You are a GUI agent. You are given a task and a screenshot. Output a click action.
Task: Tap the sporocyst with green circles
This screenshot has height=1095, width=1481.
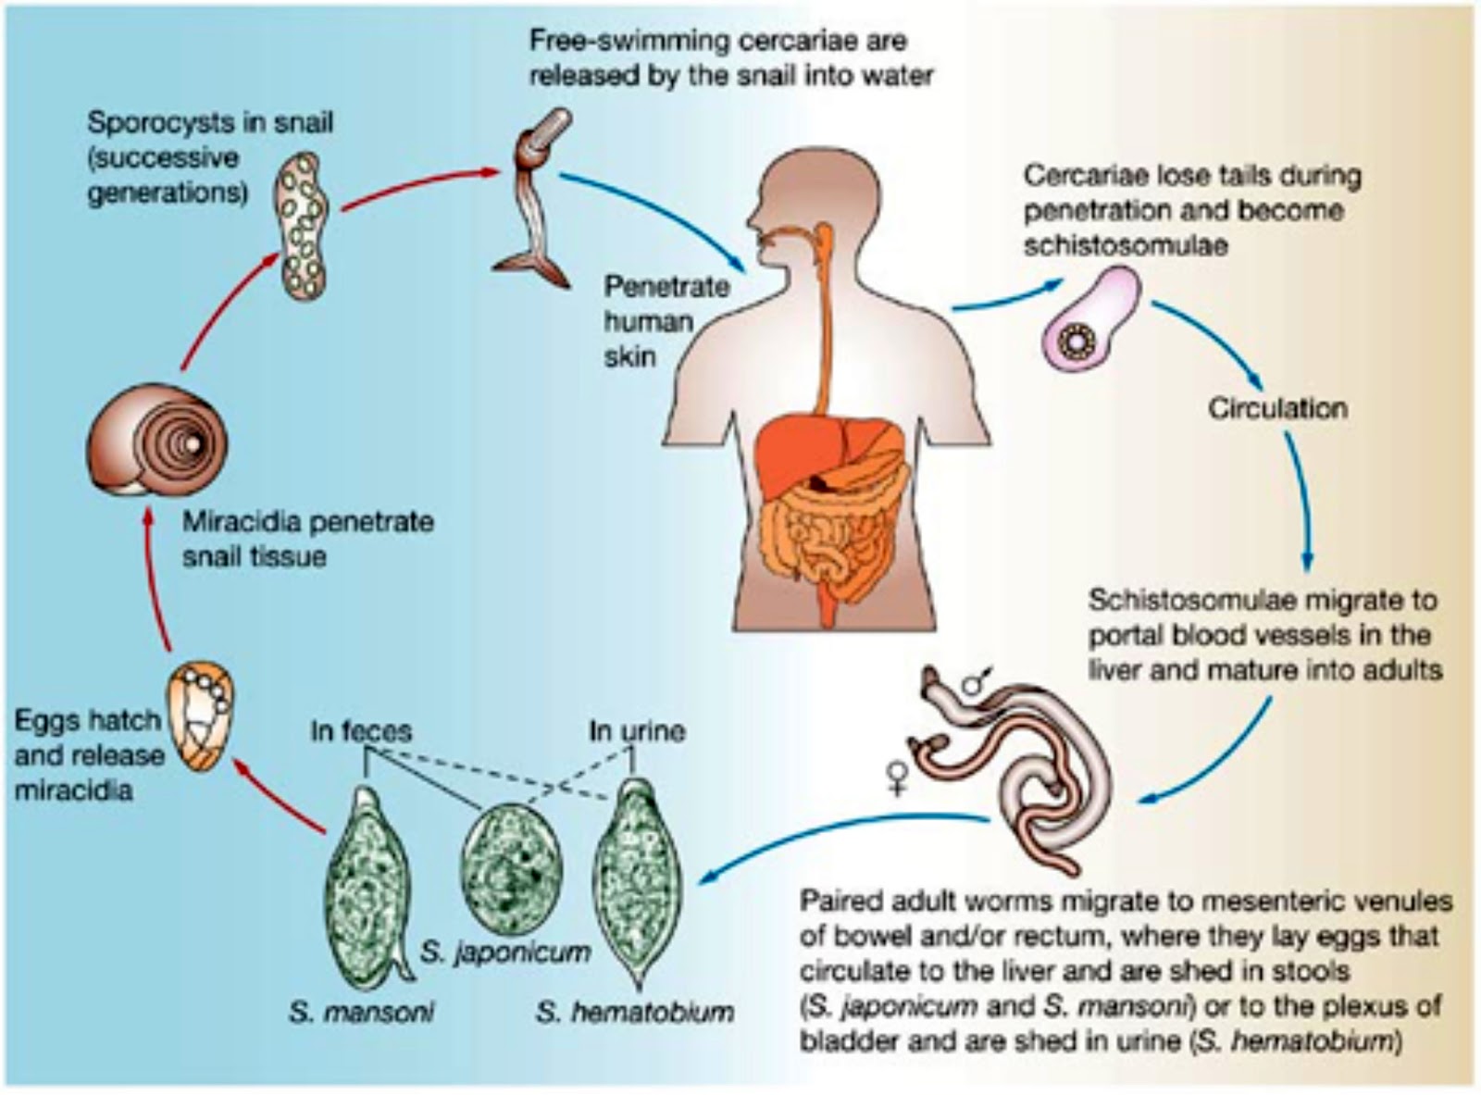[302, 226]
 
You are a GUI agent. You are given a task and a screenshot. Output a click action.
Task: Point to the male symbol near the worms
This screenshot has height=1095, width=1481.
[975, 682]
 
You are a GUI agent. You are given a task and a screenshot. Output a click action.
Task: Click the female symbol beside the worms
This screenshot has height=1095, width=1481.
[896, 776]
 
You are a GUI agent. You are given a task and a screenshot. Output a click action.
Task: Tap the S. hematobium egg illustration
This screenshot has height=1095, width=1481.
[637, 879]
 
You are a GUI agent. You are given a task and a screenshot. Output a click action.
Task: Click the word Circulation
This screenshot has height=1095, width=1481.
[1276, 408]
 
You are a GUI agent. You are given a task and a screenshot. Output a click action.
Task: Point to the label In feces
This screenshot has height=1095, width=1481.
[360, 730]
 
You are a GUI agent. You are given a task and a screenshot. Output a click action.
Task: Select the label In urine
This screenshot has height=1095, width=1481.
[637, 730]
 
